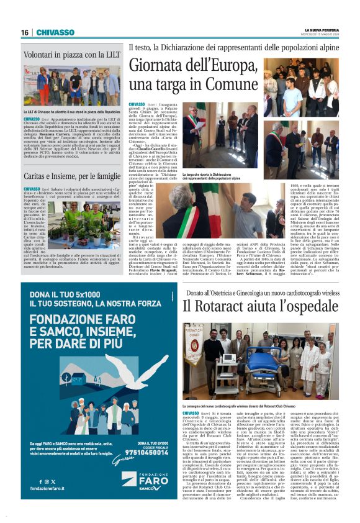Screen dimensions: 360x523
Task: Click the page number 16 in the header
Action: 25,32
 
